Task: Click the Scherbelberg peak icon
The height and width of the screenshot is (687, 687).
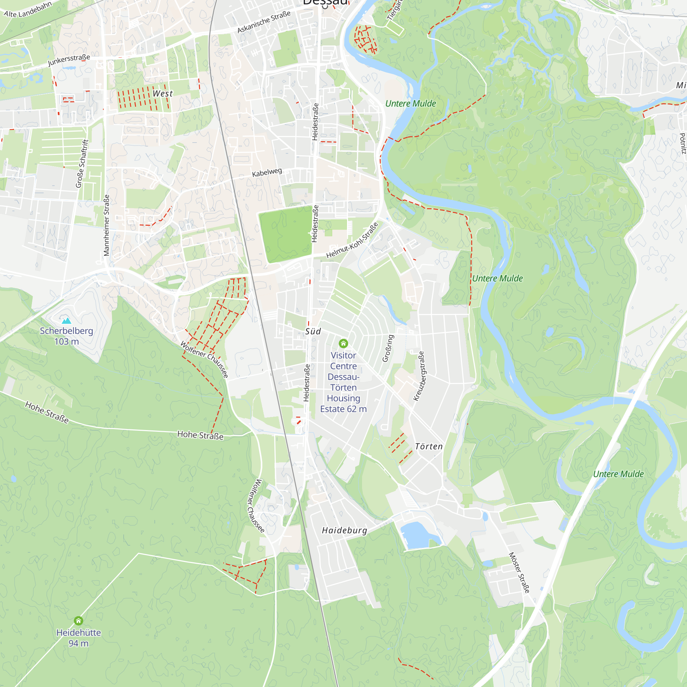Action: pyautogui.click(x=67, y=320)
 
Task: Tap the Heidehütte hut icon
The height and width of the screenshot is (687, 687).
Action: pyautogui.click(x=78, y=621)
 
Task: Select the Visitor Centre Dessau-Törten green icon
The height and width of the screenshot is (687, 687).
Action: pyautogui.click(x=343, y=343)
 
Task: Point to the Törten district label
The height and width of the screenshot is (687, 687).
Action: pyautogui.click(x=429, y=446)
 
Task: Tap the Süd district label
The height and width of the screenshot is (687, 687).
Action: pyautogui.click(x=313, y=331)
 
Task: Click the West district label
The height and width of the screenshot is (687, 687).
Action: pyautogui.click(x=162, y=93)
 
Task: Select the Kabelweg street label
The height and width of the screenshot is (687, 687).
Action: pyautogui.click(x=267, y=172)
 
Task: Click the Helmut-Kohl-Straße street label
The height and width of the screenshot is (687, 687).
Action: pyautogui.click(x=352, y=240)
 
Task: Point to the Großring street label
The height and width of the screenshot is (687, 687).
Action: pyautogui.click(x=388, y=348)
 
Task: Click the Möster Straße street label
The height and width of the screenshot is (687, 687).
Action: pyautogui.click(x=519, y=573)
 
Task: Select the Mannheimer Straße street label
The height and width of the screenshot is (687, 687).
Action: pyautogui.click(x=106, y=225)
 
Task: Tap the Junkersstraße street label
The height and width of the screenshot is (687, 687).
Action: pyautogui.click(x=69, y=60)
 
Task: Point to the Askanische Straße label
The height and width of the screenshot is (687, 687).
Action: pyautogui.click(x=264, y=22)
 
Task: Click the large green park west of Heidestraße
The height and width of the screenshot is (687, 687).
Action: pyautogui.click(x=285, y=234)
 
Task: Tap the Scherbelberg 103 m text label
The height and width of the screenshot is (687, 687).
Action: pyautogui.click(x=67, y=336)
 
